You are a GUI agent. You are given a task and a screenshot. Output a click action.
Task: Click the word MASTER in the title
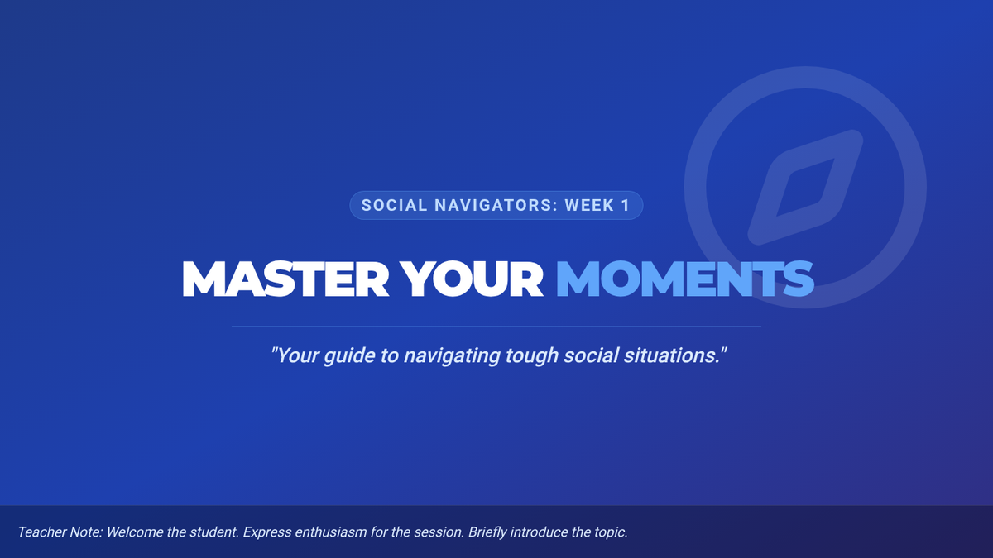click(285, 279)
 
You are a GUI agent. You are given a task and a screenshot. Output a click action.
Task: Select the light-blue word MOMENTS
click(685, 279)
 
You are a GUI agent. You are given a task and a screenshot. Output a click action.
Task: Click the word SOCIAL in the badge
click(394, 206)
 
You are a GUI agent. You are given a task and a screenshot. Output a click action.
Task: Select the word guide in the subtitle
click(349, 356)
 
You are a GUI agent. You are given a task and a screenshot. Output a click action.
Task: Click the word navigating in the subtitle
click(452, 356)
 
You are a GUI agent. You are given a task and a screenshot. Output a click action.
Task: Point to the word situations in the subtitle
click(672, 355)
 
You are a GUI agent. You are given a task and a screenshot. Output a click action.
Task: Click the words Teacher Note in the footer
click(60, 532)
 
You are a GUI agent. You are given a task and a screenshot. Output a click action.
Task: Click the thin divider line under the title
click(496, 327)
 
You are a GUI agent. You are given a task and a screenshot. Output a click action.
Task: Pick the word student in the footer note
click(216, 532)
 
